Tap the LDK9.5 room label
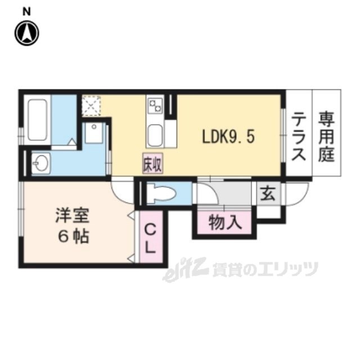pos(228,137)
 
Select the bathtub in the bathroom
pos(38,120)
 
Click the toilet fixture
pos(161,194)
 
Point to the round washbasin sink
pos(40,163)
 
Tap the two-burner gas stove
pos(155,105)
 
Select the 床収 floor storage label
pos(152,164)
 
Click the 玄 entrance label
pos(268,192)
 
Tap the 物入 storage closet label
pos(225,223)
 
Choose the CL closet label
pos(150,238)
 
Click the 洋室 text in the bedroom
pos(73,215)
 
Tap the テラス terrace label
pos(299,137)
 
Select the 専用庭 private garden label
pos(326,137)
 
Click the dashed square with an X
pos(91,106)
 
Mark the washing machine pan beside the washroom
pos(94,133)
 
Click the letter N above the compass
pos(26,12)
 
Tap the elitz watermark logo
pos(185,269)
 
